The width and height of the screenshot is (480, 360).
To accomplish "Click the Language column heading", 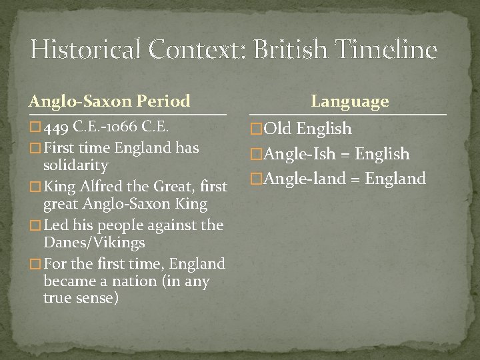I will point(349,101).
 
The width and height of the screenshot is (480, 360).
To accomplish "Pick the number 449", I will point(57,126).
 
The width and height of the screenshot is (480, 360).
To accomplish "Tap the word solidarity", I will point(75,165).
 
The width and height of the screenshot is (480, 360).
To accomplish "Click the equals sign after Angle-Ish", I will point(345,155).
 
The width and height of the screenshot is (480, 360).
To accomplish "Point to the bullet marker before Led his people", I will point(35,225).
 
